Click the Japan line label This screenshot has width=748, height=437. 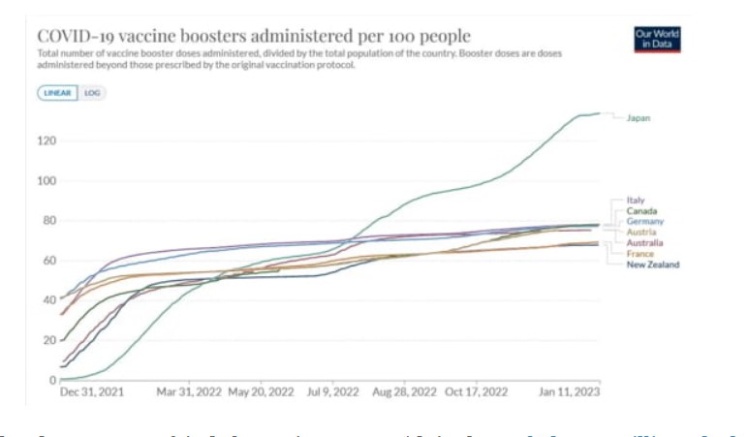tap(638, 118)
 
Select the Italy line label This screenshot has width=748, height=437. tap(636, 201)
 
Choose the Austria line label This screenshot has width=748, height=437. tap(639, 233)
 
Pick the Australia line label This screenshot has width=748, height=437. tap(644, 243)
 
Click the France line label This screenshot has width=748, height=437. tap(639, 254)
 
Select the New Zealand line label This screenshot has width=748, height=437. tap(652, 265)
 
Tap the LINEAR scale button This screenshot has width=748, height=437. tap(58, 93)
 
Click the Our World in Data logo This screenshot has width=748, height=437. tap(657, 38)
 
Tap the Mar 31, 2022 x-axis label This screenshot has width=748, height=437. tap(189, 393)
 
